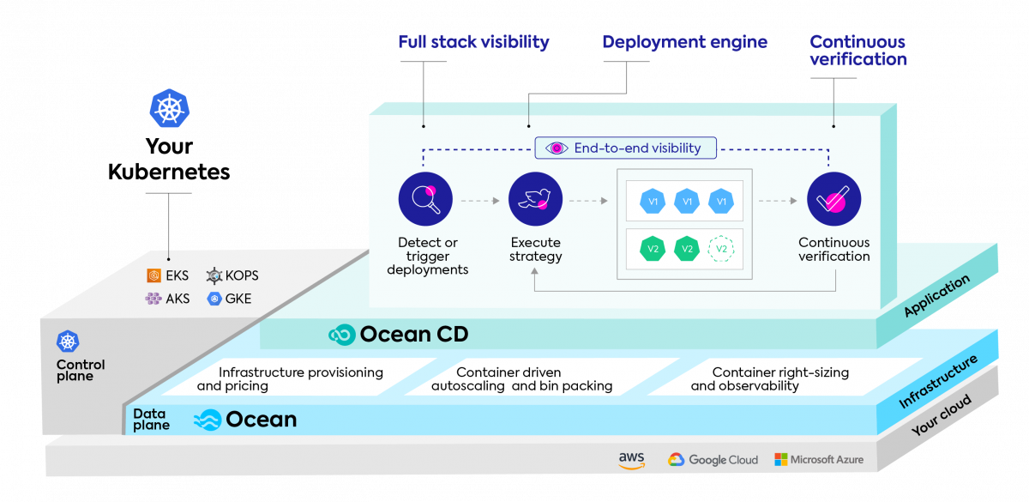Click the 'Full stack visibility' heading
[x=473, y=42]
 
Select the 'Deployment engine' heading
[x=684, y=42]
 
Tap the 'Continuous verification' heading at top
[x=857, y=51]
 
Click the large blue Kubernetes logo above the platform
[x=170, y=109]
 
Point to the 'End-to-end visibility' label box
[x=626, y=148]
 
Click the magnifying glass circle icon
[x=425, y=199]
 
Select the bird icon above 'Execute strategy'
[x=535, y=199]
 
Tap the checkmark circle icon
[x=833, y=199]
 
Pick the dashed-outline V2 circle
[x=721, y=249]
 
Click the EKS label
[x=167, y=275]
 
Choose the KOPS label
[x=232, y=275]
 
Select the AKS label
[x=167, y=299]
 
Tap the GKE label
[x=229, y=299]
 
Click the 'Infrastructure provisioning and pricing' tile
[x=292, y=379]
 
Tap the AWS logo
[x=632, y=460]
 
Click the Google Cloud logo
[x=713, y=460]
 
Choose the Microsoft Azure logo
[x=819, y=460]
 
